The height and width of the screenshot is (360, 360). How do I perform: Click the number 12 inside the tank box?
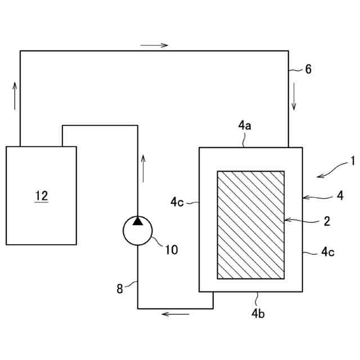click(x=41, y=196)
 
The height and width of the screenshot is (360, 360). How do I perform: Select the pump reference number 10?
click(x=171, y=249)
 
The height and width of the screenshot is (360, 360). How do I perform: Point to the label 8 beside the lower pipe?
click(x=119, y=289)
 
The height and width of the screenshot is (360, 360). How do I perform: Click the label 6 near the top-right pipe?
click(x=308, y=70)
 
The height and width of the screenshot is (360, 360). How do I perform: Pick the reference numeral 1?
click(x=353, y=161)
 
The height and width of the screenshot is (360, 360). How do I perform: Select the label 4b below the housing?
click(x=258, y=313)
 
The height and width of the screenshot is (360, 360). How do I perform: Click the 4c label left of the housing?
click(x=178, y=201)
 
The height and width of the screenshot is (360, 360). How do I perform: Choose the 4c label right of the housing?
click(x=328, y=252)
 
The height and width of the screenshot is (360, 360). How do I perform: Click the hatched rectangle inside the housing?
click(x=250, y=225)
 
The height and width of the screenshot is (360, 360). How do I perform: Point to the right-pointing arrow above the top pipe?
click(x=155, y=45)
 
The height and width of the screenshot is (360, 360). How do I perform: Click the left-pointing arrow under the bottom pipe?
click(x=175, y=313)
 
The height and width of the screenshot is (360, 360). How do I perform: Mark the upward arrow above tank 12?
click(x=14, y=93)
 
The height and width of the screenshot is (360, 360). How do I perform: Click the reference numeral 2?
click(x=326, y=221)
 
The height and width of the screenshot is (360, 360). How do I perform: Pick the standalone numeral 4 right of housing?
click(x=340, y=196)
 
